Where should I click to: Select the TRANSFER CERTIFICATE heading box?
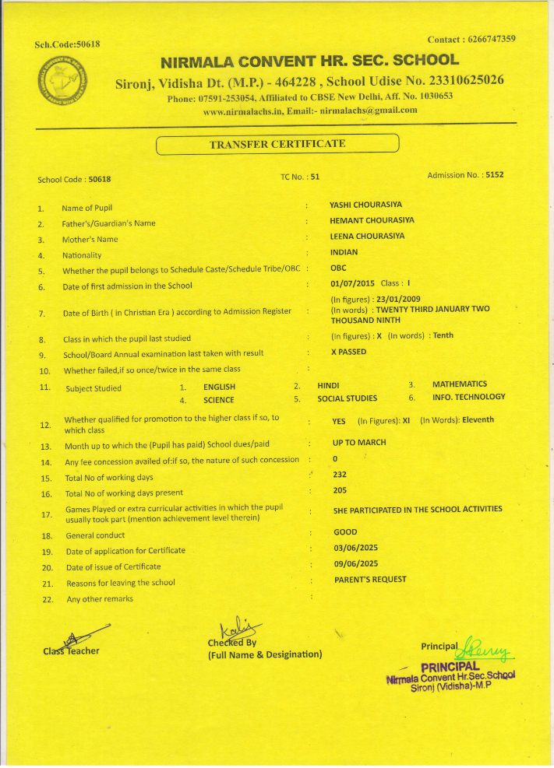click(277, 144)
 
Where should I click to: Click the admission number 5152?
click(494, 175)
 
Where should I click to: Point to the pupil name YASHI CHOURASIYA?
click(366, 205)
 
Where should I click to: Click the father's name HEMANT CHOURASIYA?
click(372, 221)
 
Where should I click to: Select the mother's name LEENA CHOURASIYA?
click(367, 237)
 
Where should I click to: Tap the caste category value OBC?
click(339, 268)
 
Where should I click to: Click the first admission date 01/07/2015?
click(353, 284)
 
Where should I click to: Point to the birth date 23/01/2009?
click(399, 299)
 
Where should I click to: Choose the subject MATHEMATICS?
click(460, 384)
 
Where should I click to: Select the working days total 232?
click(340, 475)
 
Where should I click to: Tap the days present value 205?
click(340, 490)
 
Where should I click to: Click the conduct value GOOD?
click(345, 532)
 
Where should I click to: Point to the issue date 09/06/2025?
click(356, 563)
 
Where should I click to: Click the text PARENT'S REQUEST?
click(370, 580)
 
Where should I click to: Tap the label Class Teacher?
click(70, 651)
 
